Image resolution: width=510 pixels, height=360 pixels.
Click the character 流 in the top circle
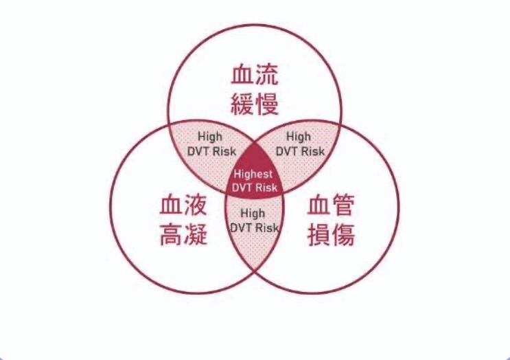click(268, 74)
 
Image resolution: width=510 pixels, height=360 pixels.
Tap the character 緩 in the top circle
click(243, 104)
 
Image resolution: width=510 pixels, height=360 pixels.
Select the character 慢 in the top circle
click(268, 104)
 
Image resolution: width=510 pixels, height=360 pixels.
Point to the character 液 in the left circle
click(196, 205)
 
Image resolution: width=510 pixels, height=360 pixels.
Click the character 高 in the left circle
click(172, 234)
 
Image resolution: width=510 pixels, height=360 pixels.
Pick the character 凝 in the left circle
click(196, 234)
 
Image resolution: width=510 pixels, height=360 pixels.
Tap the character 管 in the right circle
click(343, 205)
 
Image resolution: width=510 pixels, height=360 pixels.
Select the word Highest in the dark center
click(253, 174)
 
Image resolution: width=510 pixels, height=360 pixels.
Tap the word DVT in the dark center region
click(242, 188)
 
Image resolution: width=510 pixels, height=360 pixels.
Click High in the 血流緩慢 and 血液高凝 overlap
click(210, 137)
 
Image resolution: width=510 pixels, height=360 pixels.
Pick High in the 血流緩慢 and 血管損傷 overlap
click(299, 137)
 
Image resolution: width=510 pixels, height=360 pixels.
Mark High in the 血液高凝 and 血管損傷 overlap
click(253, 214)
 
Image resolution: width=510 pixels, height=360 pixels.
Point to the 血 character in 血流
click(243, 74)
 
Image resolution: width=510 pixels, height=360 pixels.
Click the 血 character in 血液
click(172, 205)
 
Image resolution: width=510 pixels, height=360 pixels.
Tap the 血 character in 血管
click(318, 205)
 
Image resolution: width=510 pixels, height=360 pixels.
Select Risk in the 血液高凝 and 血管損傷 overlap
click(267, 228)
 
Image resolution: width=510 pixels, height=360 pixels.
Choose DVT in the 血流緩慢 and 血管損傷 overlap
click(286, 151)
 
